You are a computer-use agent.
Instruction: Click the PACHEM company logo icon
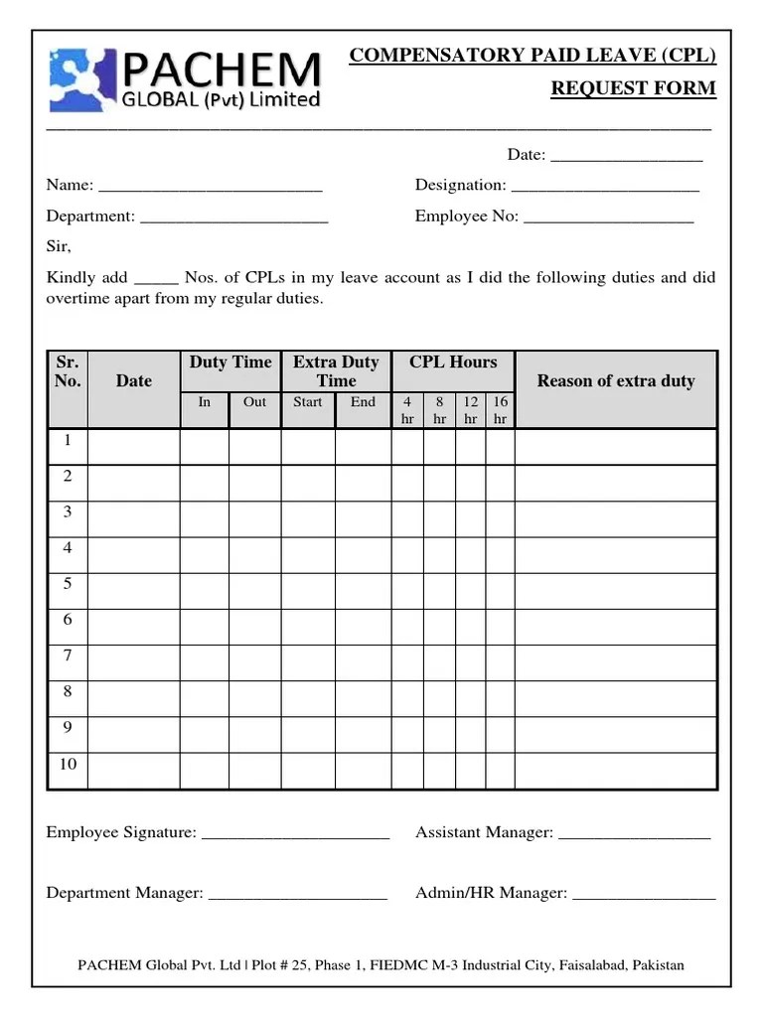pos(82,78)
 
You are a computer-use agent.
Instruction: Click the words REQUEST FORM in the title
pos(633,88)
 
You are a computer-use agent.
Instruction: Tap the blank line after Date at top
pos(626,157)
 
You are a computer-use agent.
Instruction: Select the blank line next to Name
pos(211,187)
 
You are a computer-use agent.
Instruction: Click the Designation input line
pos(604,187)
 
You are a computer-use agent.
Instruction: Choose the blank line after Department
pos(234,218)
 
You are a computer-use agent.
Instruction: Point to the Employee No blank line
pos(608,218)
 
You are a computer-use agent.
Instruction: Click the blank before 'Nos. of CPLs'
pos(155,280)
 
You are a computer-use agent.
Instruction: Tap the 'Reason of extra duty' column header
pos(615,381)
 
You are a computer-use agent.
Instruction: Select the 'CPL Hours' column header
pos(453,363)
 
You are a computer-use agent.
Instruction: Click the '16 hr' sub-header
pos(500,410)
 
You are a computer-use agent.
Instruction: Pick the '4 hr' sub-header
pos(407,410)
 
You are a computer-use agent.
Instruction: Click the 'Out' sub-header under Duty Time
pos(254,402)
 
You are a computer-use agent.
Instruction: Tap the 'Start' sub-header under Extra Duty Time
pos(308,402)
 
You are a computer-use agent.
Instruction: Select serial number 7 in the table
pos(68,655)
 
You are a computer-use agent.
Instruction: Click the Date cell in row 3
pos(133,518)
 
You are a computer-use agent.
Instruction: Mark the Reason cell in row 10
pos(615,770)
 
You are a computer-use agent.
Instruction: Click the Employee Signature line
pos(295,834)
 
